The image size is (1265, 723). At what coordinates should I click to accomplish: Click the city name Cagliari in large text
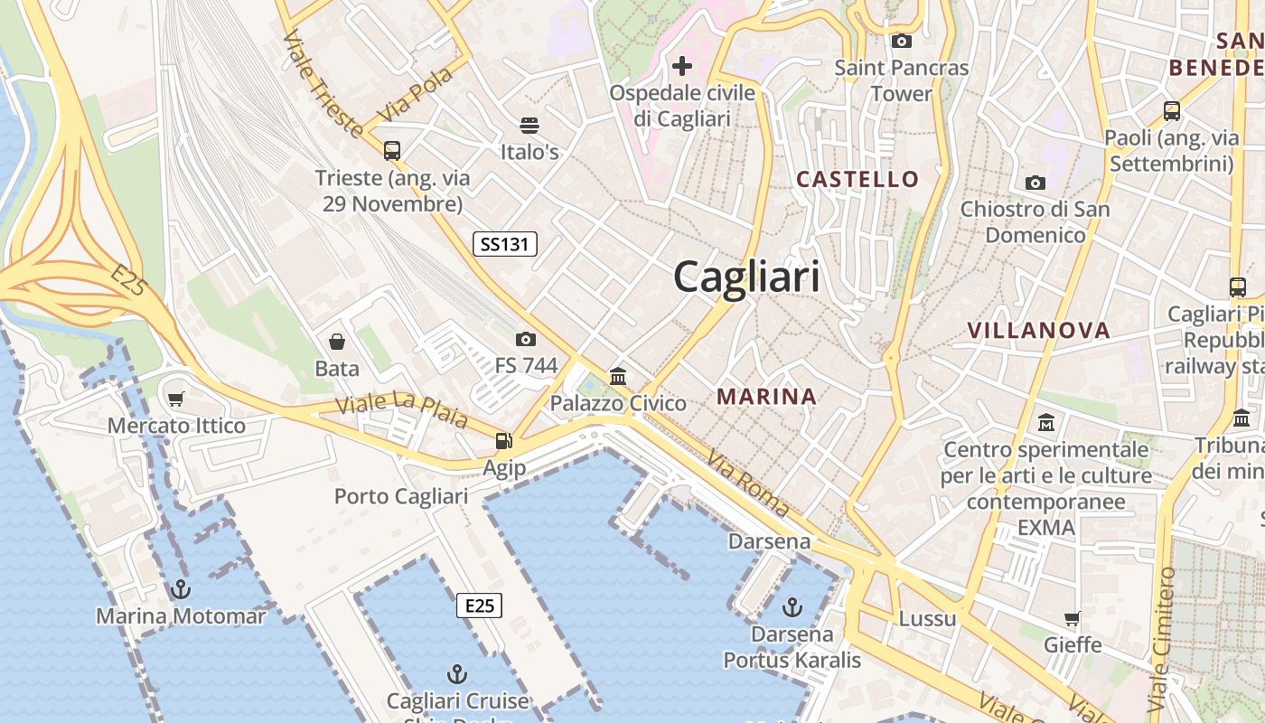tap(746, 277)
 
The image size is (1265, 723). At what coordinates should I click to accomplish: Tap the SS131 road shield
tap(505, 243)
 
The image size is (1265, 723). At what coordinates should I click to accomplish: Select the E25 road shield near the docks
tap(479, 606)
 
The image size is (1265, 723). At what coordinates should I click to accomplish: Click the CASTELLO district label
tap(857, 179)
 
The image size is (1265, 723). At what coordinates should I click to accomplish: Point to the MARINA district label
tap(766, 396)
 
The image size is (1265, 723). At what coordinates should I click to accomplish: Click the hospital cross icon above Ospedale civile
tap(682, 66)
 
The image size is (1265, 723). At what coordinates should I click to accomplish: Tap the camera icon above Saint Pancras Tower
tap(901, 41)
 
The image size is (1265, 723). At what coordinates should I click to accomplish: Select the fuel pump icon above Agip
tap(503, 441)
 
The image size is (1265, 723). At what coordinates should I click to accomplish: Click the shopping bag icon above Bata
tap(337, 342)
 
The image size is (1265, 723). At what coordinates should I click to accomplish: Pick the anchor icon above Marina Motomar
tap(182, 590)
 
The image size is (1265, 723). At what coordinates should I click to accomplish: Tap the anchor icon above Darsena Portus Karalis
tap(792, 606)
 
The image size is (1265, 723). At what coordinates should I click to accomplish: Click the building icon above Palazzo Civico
tap(618, 376)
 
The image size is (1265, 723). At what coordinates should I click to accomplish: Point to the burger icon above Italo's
tap(529, 125)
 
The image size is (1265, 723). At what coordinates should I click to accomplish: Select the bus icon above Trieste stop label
tap(392, 151)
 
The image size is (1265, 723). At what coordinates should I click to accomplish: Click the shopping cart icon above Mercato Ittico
tap(176, 399)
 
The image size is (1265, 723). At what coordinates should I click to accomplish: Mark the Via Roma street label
tap(747, 484)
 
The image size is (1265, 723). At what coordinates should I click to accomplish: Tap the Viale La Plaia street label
tap(401, 412)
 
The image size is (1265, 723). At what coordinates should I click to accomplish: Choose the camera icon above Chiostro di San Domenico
tap(1035, 183)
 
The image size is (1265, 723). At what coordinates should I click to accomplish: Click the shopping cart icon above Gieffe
tap(1073, 618)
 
